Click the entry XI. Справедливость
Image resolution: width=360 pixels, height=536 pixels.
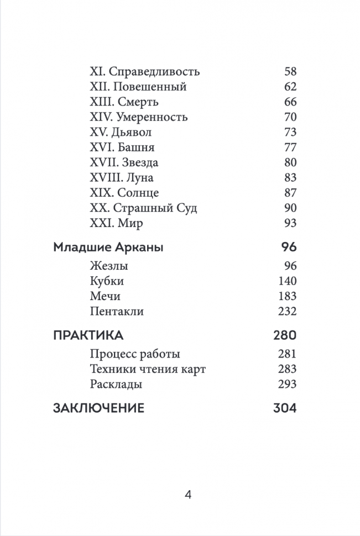(x=144, y=72)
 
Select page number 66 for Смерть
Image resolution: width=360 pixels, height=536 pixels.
(x=290, y=102)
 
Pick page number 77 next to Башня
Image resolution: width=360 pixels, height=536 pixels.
(x=290, y=148)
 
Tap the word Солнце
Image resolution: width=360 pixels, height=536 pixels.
(x=138, y=193)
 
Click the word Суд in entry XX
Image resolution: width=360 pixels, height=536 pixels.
(x=186, y=208)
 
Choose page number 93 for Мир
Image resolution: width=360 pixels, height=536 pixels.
(x=290, y=223)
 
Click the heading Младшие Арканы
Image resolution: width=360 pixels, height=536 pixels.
(x=108, y=247)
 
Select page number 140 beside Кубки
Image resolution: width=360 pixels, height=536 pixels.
(x=288, y=281)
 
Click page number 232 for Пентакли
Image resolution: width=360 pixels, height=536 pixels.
(x=288, y=312)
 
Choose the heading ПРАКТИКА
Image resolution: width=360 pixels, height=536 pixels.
(x=88, y=335)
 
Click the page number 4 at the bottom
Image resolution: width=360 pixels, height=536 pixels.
(x=187, y=495)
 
